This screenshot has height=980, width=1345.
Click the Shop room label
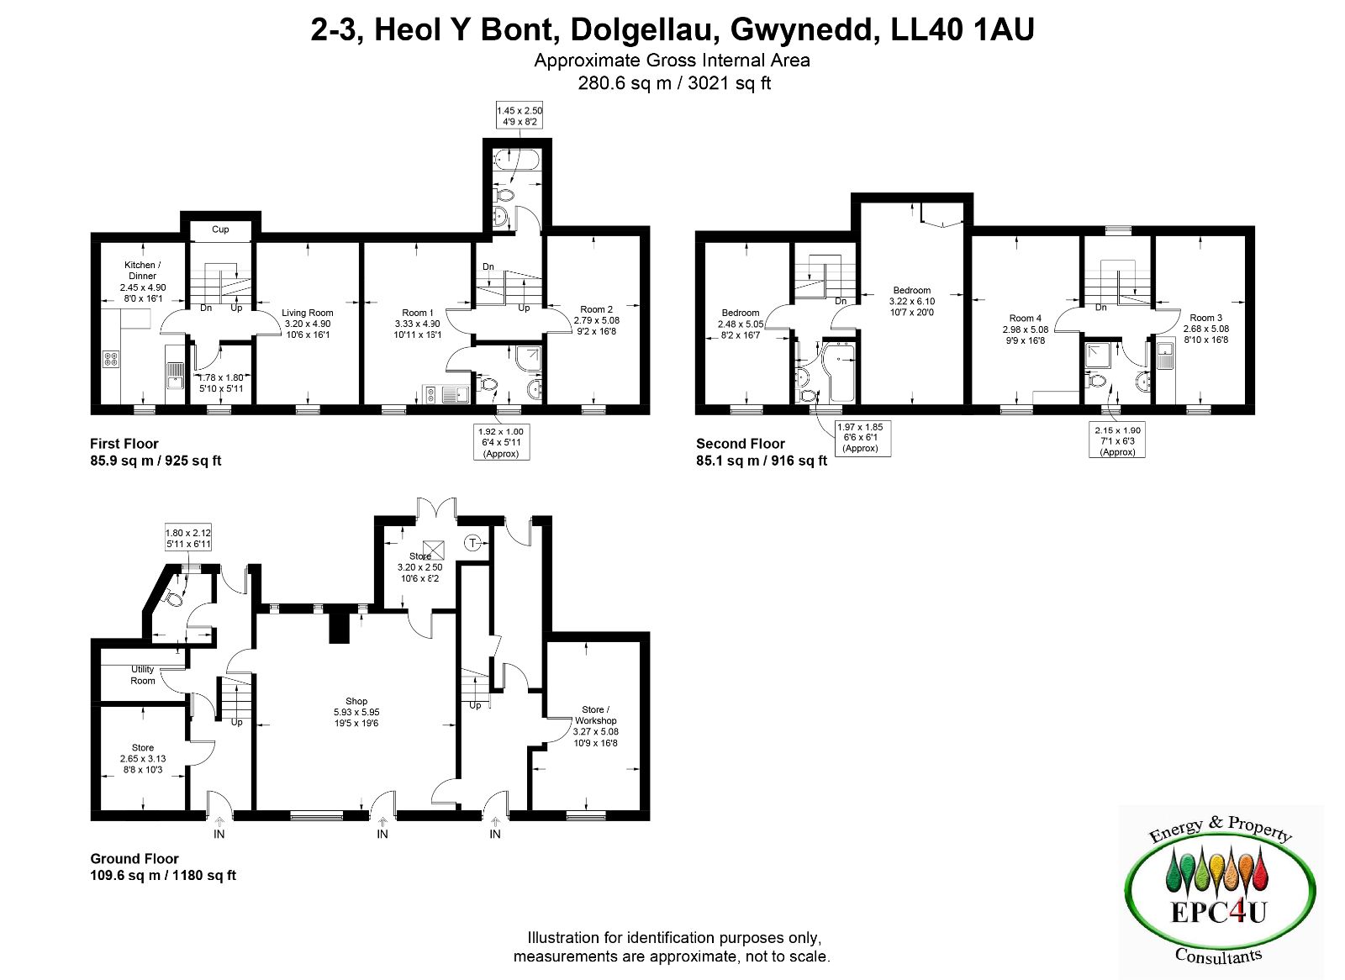point(356,701)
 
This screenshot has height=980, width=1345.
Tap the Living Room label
point(308,313)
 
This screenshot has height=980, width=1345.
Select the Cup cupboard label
point(220,229)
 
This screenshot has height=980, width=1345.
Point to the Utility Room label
point(143,675)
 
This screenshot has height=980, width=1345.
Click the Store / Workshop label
point(596,715)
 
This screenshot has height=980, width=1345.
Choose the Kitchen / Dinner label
point(142,271)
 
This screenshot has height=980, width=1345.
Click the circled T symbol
point(473,544)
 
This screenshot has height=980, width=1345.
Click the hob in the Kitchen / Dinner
point(111,359)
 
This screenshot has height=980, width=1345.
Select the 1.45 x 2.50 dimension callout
point(520,116)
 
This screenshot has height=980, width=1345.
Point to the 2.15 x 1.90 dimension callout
point(1117,440)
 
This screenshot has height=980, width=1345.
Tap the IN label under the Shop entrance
point(382,834)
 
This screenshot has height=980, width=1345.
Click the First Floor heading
point(124,444)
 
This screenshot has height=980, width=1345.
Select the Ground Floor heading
point(134,859)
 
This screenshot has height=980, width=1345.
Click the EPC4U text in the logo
point(1219,913)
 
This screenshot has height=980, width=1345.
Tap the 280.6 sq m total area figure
point(625,83)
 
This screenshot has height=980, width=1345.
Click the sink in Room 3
point(1165,355)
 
